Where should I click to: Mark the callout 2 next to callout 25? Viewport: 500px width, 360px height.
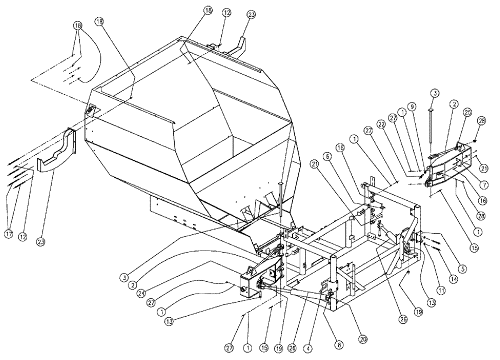[x=453, y=105]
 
